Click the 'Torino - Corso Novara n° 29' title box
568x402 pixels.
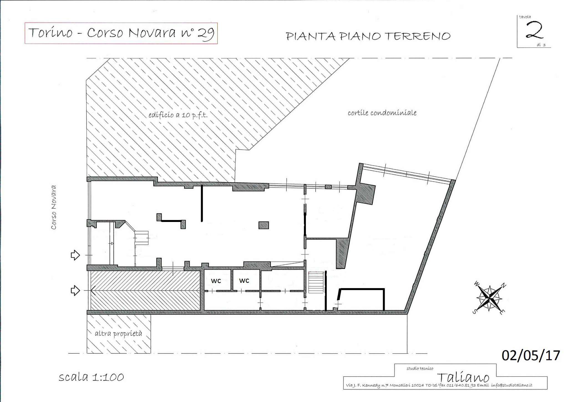[121, 33]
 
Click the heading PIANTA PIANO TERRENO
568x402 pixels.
[368, 36]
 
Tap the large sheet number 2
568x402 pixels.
[534, 31]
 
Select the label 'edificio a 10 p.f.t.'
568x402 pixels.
[178, 115]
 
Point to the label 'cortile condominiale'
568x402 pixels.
[382, 113]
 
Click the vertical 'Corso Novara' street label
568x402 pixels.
[54, 207]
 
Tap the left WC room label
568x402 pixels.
[216, 281]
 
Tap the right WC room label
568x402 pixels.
[244, 281]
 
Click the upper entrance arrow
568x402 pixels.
[75, 255]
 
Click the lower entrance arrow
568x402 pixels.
[75, 291]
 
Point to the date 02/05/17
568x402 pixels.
[531, 355]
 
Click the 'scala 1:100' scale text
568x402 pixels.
[91, 377]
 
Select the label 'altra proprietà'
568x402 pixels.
[118, 333]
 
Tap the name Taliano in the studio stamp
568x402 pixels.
[463, 377]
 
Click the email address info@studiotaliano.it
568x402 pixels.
[511, 385]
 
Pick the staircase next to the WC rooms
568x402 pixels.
[316, 282]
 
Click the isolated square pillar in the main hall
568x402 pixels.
[263, 225]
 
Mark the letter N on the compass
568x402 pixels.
[504, 286]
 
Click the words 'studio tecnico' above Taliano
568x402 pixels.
[420, 368]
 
